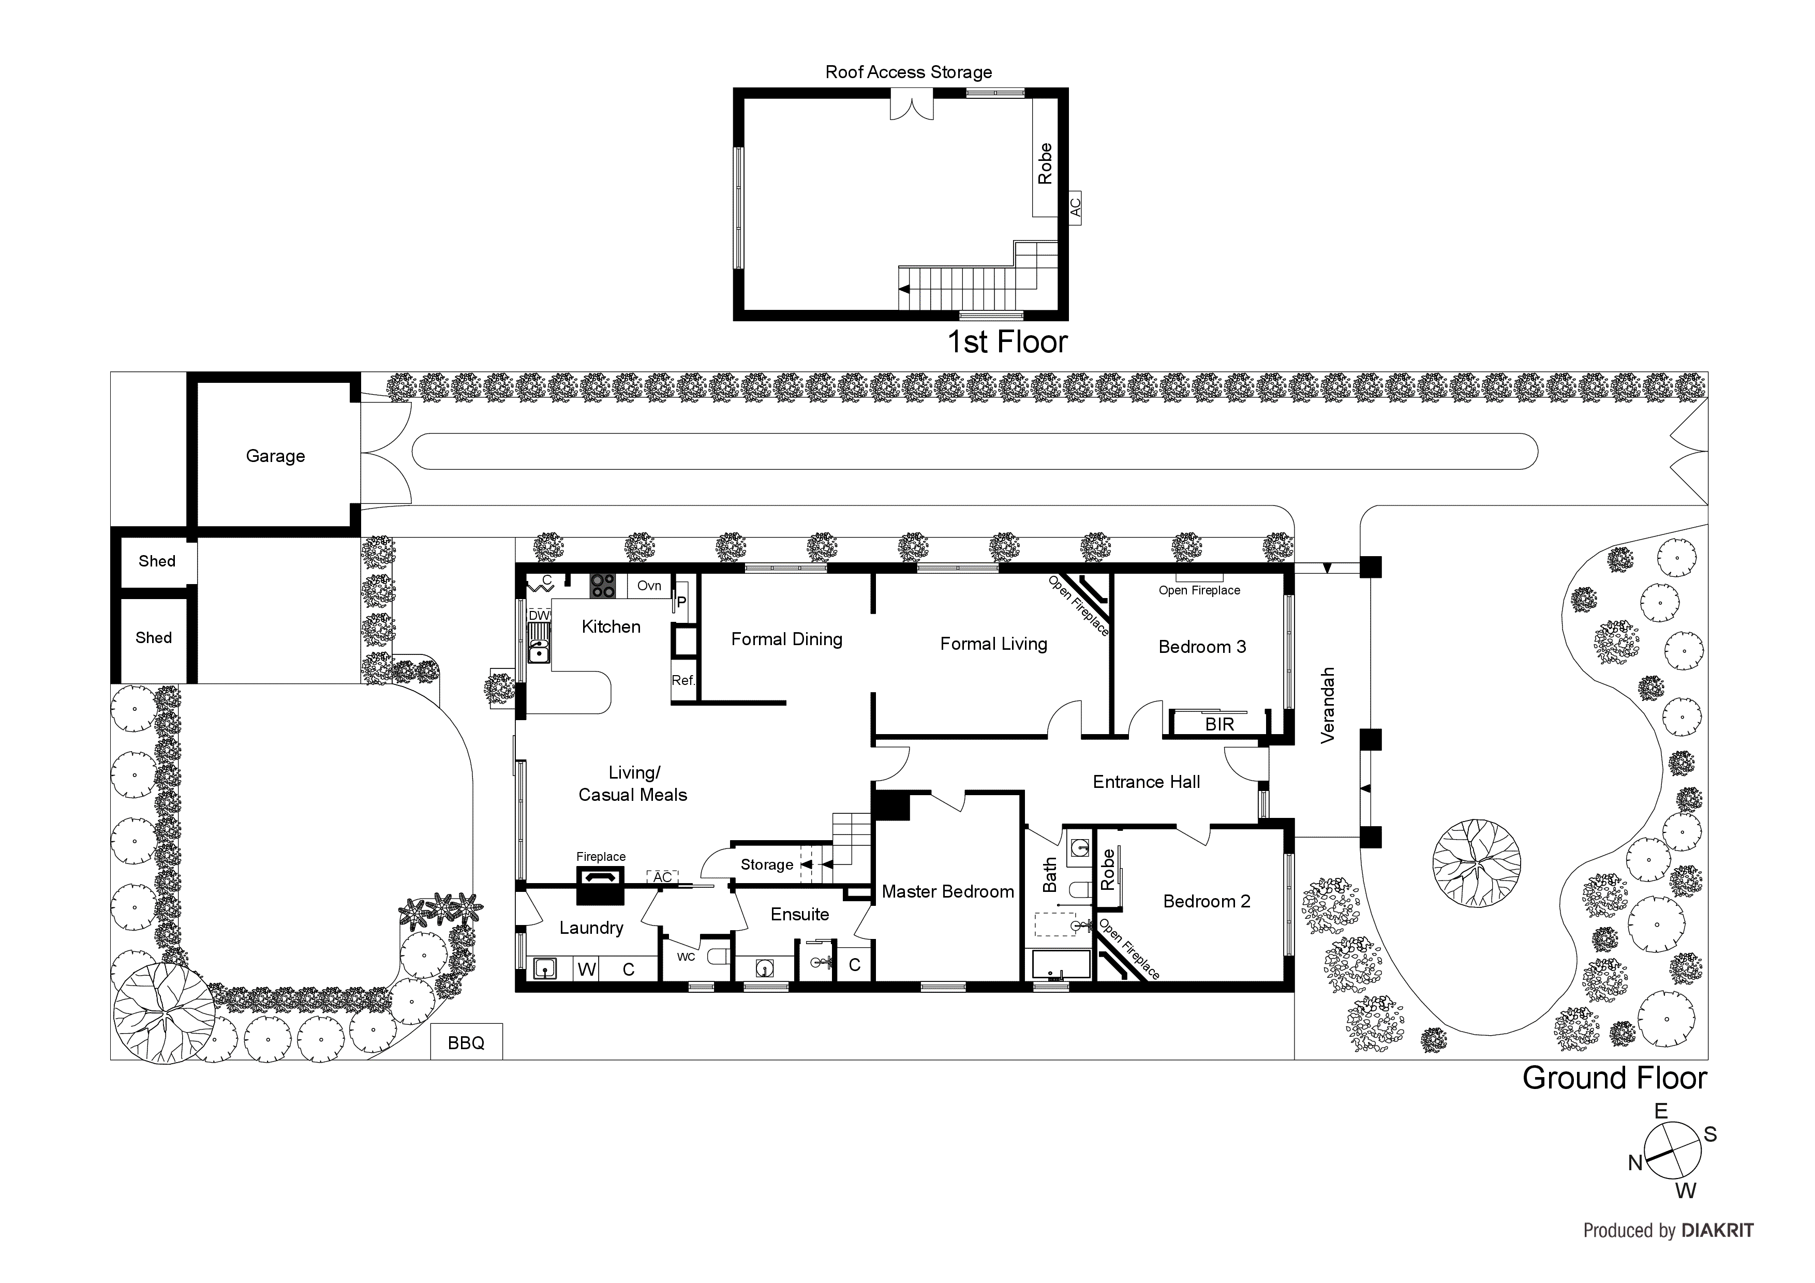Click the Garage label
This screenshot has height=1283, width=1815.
pos(275,456)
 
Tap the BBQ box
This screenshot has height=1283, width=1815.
pos(466,1042)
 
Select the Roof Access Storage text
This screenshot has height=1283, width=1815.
pos(909,72)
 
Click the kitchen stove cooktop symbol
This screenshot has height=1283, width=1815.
pos(602,586)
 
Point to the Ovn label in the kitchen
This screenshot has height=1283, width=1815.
pos(649,586)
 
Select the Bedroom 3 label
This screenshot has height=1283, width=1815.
pos(1201,647)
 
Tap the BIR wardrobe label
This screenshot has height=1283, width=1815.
pos(1219,724)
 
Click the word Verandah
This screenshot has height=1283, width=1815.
pos(1328,705)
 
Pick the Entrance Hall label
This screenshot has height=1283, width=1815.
pos(1146,782)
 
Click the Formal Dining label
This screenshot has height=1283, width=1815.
pos(786,639)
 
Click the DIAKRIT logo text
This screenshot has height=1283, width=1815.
pos(1717,1231)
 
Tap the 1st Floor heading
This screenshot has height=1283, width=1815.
pos(1007,341)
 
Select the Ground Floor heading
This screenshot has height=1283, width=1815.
pos(1614,1078)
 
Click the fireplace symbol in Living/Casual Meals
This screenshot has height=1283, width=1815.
pos(601,884)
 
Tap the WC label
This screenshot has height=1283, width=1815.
pos(686,957)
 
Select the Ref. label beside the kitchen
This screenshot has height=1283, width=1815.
pos(683,680)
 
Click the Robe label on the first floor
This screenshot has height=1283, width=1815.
pos(1045,163)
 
